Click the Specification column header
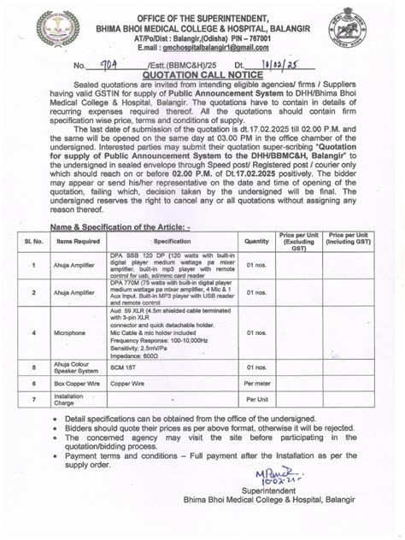pos(173,241)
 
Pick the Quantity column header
pos(256,241)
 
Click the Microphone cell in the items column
pos(74,333)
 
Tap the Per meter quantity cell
pos(257,384)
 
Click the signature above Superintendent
pos(276,474)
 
